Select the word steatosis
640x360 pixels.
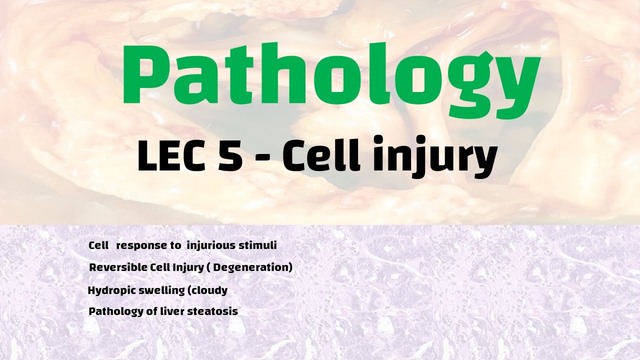coord(217,311)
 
